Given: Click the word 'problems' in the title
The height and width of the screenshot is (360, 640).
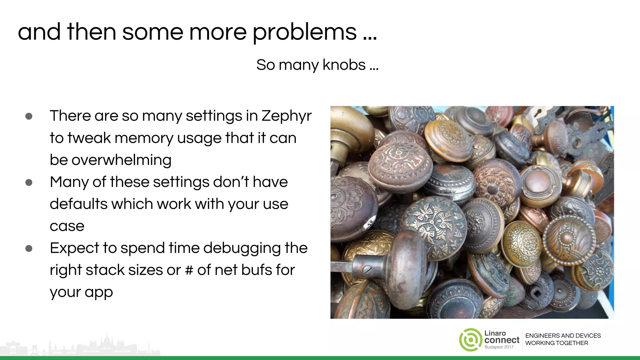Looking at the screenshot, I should tap(305, 32).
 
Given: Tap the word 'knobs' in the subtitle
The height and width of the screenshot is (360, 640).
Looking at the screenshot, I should tap(344, 65).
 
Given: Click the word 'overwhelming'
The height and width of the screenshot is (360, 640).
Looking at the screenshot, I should tap(110, 160).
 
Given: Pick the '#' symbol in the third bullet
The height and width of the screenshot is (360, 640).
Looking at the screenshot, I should tap(189, 270).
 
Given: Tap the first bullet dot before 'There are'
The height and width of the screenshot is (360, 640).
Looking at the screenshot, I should tap(29, 117).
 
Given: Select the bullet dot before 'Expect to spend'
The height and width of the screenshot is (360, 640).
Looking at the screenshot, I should tap(29, 248).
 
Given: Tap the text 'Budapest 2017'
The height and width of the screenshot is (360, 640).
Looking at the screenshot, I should tap(499, 347).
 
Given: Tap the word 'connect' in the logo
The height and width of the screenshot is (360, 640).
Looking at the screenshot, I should tap(502, 340).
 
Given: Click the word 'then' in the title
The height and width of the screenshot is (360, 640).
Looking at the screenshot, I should tap(91, 32).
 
